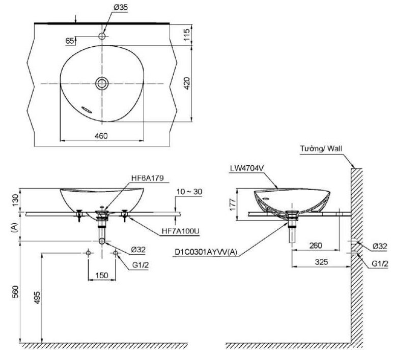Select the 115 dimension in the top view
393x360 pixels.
point(187,35)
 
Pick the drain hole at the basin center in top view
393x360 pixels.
point(102,83)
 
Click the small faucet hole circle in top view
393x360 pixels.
point(102,37)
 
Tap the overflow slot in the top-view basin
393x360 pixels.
point(87,108)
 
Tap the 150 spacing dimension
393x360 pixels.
point(102,275)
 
